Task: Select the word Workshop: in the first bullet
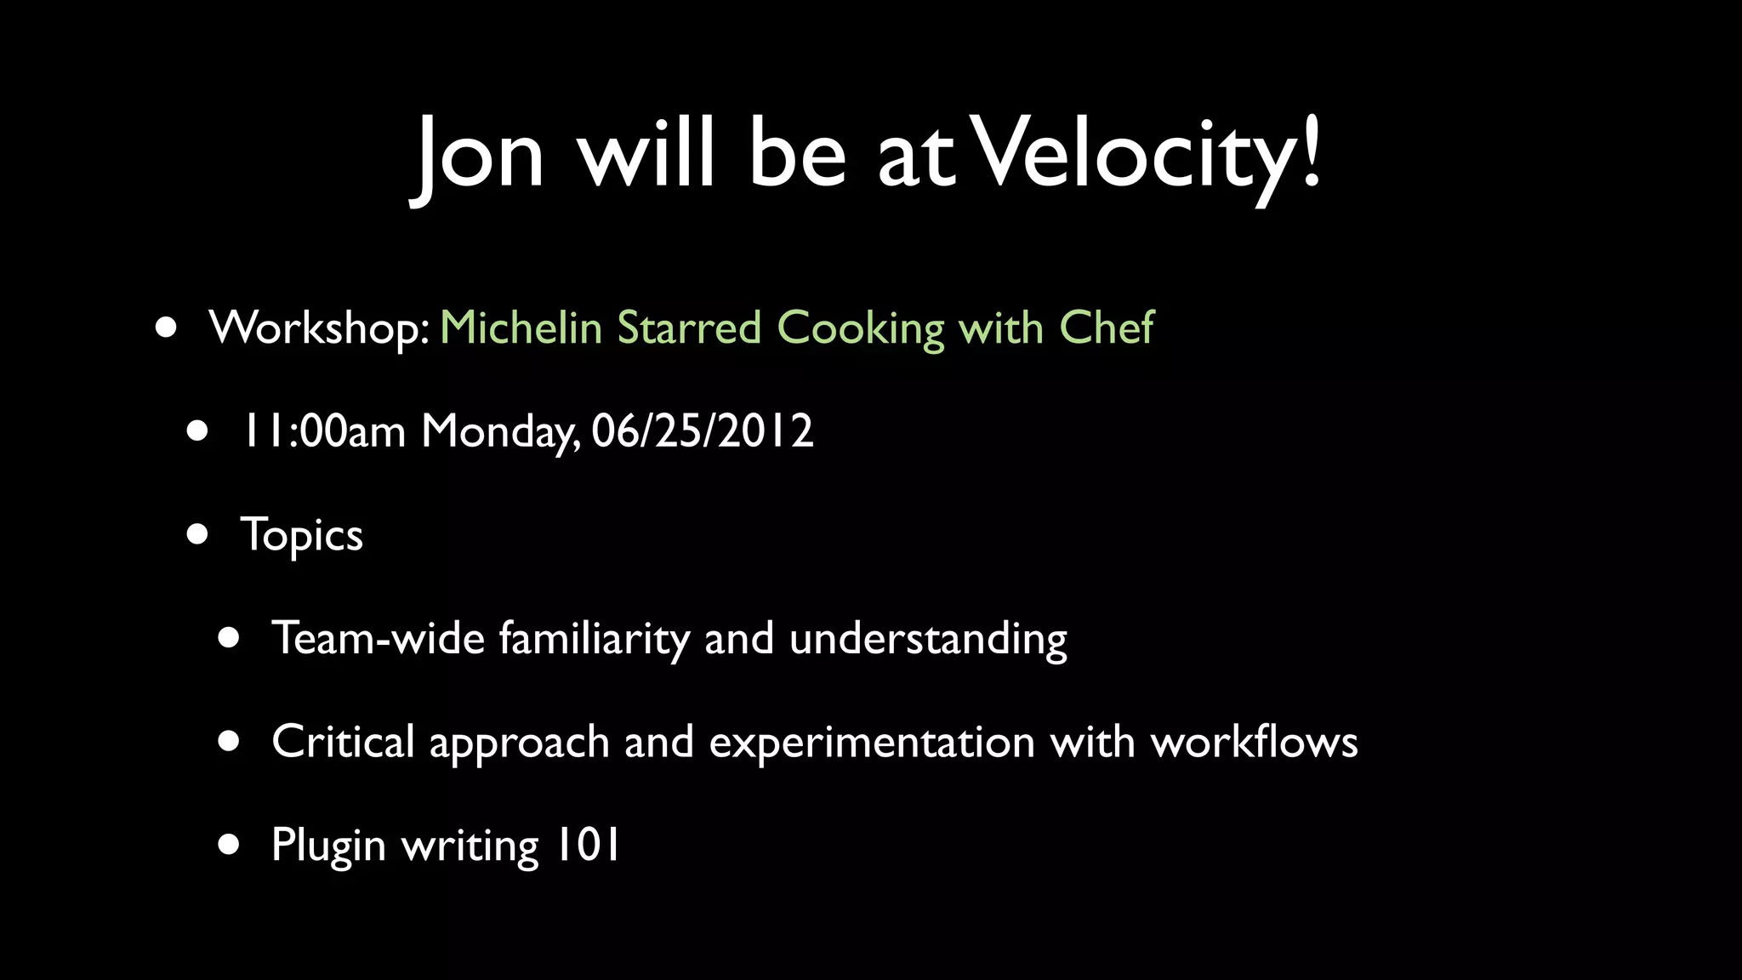coord(320,328)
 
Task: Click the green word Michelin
coord(521,328)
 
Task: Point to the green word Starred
coord(689,328)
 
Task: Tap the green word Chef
coord(1107,328)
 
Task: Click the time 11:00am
coord(323,430)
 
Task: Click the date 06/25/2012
coord(703,430)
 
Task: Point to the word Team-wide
coord(378,638)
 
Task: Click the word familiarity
coord(594,638)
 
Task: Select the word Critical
coord(343,741)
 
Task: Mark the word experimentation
coord(872,743)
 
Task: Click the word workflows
coord(1254,741)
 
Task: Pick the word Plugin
coord(328,846)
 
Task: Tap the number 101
coord(588,845)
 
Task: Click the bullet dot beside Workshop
coord(167,328)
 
